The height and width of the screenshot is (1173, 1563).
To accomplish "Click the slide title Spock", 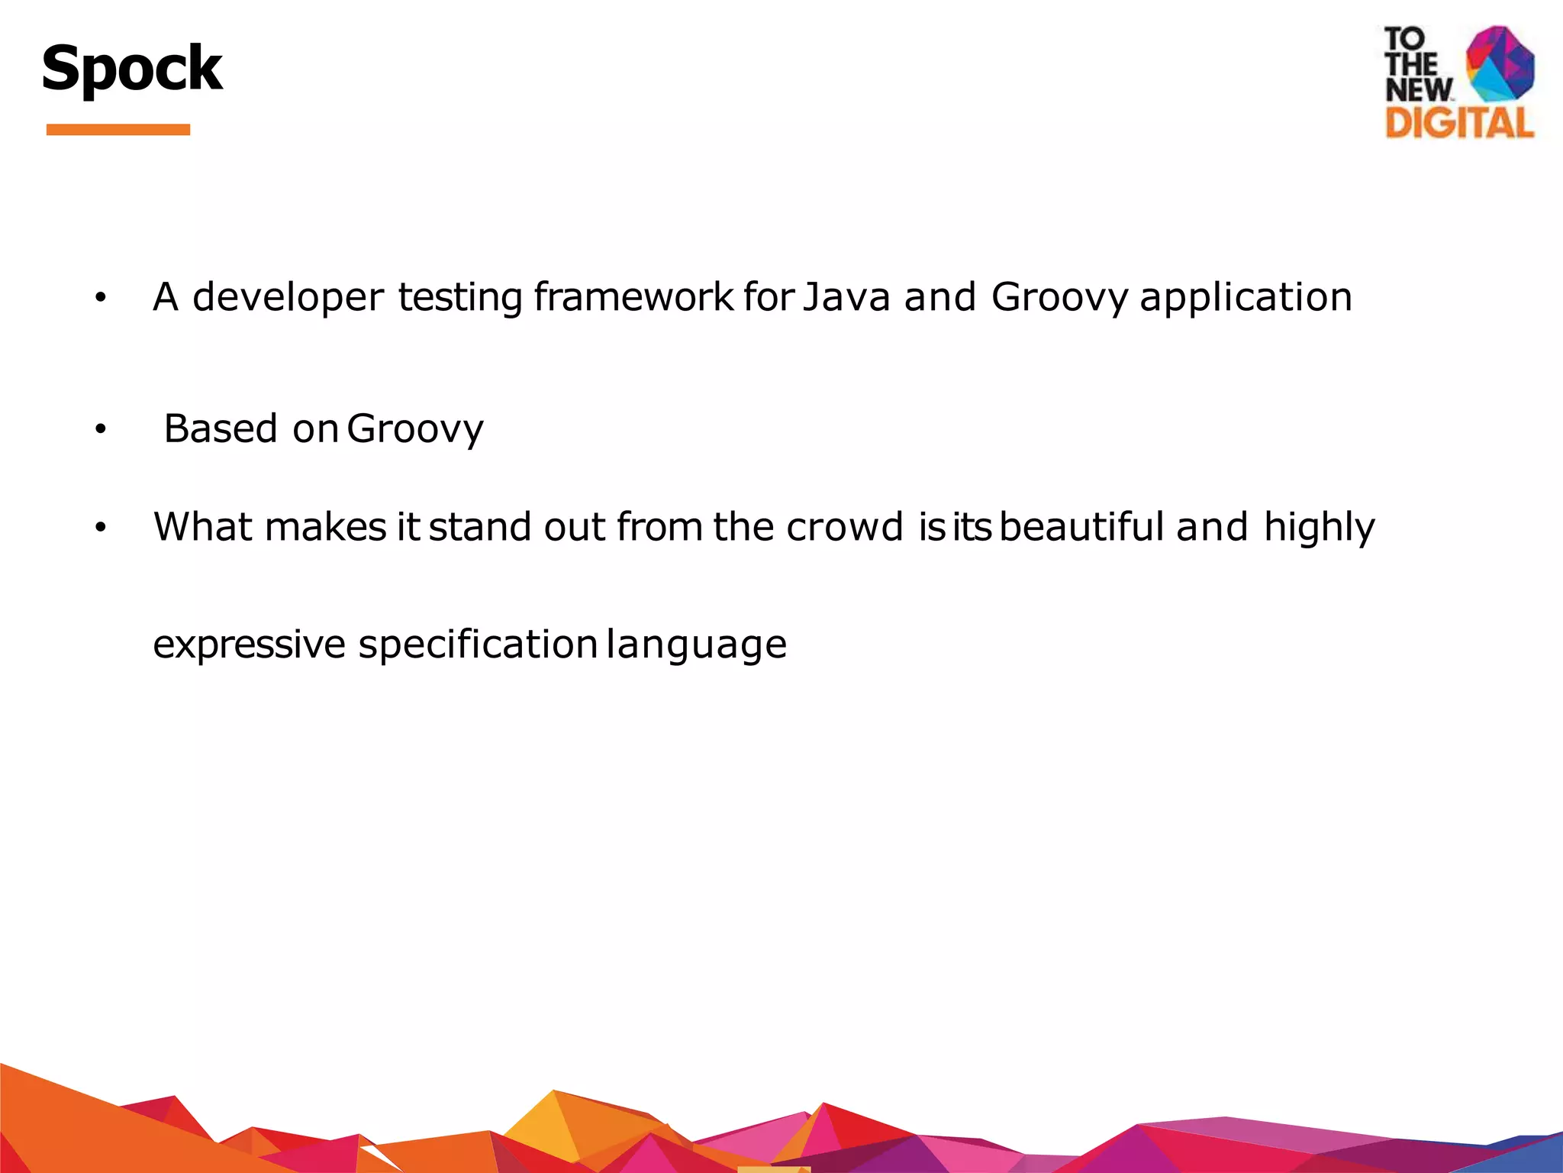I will [x=131, y=69].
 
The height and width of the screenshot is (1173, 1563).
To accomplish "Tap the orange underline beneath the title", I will [x=118, y=130].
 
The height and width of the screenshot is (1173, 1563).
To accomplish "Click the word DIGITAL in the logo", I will [x=1459, y=124].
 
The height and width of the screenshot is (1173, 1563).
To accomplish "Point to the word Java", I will [x=846, y=296].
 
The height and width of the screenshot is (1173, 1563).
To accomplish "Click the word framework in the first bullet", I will [x=633, y=296].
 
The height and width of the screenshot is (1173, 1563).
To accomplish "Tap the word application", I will [x=1246, y=298].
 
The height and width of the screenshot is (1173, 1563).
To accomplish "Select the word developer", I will [x=288, y=298].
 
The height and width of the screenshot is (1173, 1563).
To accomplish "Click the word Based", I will [x=221, y=428].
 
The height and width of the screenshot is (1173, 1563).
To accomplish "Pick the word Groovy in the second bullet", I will [x=415, y=429].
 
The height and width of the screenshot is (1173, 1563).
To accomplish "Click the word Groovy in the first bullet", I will [x=1059, y=298].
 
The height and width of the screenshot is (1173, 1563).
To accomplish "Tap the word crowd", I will [x=845, y=527].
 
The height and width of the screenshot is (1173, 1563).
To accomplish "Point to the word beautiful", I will [x=1082, y=527].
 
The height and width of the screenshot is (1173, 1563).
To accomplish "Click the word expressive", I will [x=250, y=645].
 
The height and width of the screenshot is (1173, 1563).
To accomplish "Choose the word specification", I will [x=478, y=645].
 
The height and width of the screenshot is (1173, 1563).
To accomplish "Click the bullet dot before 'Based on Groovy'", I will [x=100, y=430].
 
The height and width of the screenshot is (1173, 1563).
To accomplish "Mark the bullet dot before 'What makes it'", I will [x=100, y=528].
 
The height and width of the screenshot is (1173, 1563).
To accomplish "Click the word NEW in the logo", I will [x=1419, y=90].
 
